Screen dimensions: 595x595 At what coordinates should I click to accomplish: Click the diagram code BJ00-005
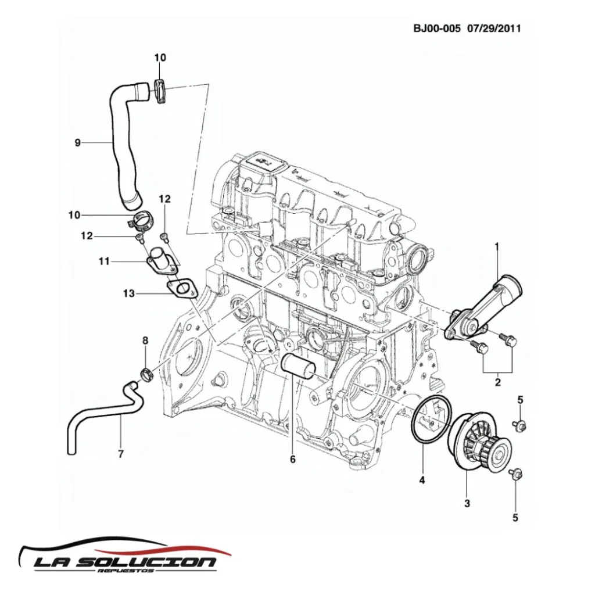pos(437,28)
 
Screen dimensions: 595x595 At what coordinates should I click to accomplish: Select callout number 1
pos(497,247)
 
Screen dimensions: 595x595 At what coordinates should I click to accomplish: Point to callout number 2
pos(497,382)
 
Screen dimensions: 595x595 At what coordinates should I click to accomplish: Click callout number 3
pos(467,503)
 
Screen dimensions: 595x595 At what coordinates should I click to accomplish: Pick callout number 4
pos(422,480)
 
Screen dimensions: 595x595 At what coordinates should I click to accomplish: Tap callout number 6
pos(293,459)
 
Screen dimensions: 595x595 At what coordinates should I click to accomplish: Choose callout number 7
pos(121,454)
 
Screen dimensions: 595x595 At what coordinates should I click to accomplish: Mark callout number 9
pos(77,142)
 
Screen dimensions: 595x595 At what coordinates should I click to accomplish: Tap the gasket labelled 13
pos(181,289)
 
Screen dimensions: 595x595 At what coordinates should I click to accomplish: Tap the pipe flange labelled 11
pos(159,262)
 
